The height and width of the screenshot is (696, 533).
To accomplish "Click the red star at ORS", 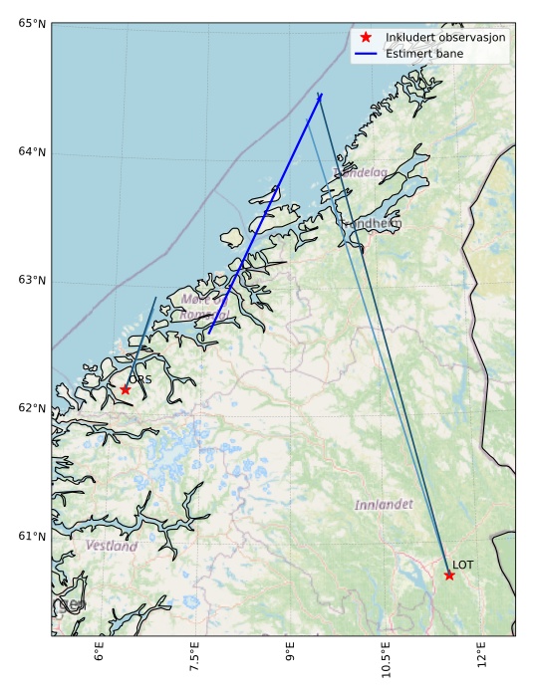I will [x=125, y=389].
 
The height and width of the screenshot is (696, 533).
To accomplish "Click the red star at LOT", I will [x=449, y=575].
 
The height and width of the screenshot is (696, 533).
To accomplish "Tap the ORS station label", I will [x=140, y=379].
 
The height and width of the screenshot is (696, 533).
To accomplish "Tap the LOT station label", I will [x=463, y=565].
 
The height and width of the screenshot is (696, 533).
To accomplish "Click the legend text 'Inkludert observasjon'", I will [x=445, y=37].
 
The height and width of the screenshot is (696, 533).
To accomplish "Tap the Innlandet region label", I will [x=384, y=505].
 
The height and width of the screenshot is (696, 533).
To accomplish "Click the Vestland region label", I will [x=112, y=546].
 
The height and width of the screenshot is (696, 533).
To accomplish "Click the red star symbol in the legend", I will [x=366, y=37].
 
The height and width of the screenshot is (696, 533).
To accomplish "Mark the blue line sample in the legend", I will [x=366, y=53].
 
